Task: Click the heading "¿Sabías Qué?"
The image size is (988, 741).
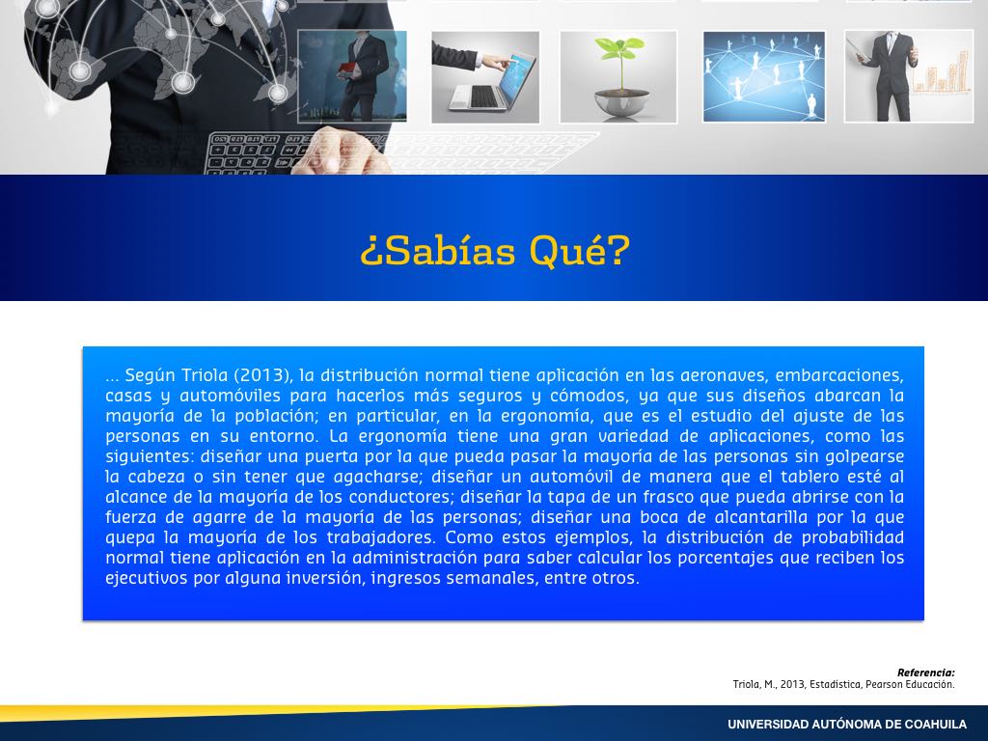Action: [495, 250]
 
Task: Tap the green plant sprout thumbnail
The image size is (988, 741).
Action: [618, 77]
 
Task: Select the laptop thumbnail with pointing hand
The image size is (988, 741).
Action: [485, 77]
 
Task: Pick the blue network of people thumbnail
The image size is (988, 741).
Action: [764, 77]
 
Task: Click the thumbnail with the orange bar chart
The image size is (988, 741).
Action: [909, 76]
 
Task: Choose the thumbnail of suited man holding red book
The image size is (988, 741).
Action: [351, 76]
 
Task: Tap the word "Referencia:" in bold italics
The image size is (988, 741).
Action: [925, 672]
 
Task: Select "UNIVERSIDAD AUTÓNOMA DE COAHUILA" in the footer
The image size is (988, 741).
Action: [847, 724]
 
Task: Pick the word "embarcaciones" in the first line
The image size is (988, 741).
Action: [839, 375]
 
